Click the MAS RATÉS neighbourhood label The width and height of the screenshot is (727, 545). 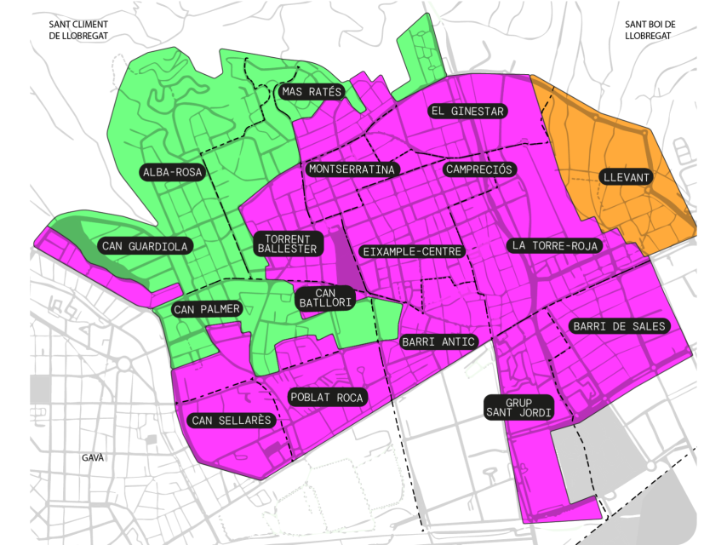point(312,92)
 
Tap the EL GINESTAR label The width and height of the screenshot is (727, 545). point(468,112)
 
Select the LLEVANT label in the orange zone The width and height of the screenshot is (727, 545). point(625,178)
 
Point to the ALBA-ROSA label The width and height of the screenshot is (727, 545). point(173,172)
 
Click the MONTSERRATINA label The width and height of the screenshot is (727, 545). point(352,169)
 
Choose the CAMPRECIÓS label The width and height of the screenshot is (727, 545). point(478,169)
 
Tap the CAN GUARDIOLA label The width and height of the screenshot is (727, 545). point(145,246)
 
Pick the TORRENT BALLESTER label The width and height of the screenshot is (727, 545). point(290,244)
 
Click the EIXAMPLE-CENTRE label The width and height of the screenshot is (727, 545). point(412,252)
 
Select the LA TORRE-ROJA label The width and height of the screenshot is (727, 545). point(557,245)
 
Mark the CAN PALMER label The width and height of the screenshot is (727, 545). point(208,309)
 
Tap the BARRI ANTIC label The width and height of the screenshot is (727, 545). point(438,342)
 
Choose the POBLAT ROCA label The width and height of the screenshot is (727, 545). point(327,398)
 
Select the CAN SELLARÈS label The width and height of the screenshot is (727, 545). point(232,420)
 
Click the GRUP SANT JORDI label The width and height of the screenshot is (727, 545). point(518,407)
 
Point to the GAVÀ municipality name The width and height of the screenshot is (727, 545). point(93,458)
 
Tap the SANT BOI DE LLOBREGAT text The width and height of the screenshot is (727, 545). point(649,31)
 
